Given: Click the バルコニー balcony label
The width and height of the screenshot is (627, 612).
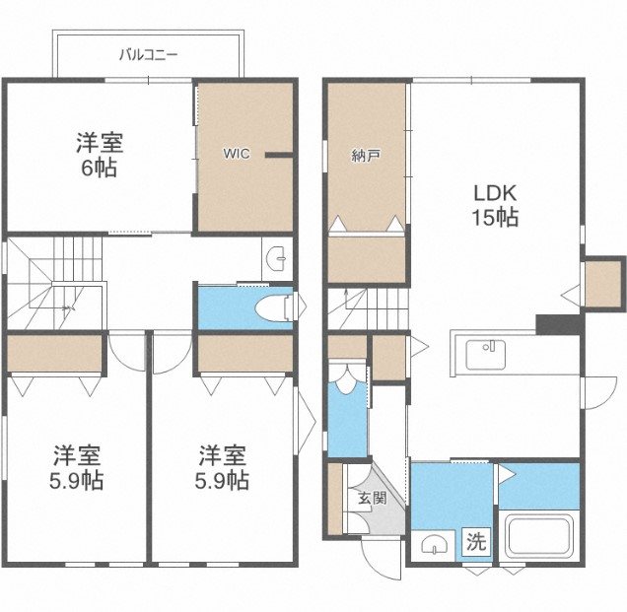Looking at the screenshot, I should [148, 55].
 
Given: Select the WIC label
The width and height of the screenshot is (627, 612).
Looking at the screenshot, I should [236, 153].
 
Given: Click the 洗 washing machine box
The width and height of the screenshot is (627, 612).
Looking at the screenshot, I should [476, 541].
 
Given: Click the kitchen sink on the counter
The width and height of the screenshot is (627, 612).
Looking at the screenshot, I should [485, 352].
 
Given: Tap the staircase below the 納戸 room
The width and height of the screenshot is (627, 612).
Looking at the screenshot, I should [366, 307].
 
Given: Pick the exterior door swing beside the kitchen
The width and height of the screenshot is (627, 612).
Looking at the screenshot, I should [597, 391].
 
